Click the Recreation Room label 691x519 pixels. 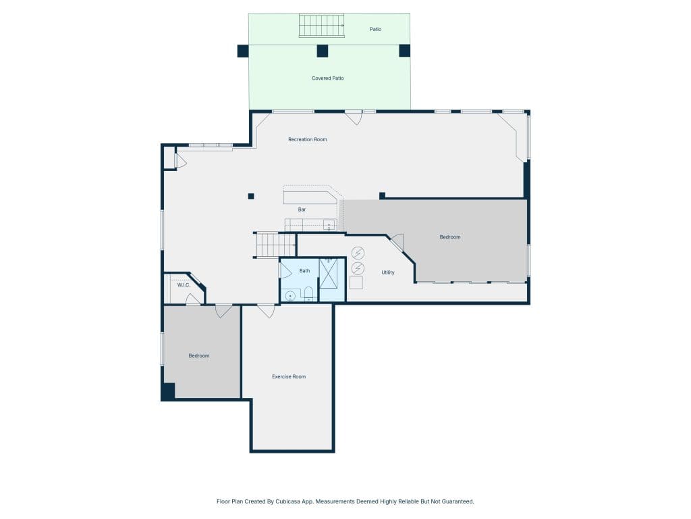click(307, 139)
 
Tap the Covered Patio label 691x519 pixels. click(327, 78)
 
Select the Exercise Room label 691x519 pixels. click(289, 376)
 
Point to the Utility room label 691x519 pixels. click(388, 273)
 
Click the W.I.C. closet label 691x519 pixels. click(184, 285)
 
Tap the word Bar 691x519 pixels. click(302, 209)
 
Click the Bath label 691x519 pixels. click(304, 271)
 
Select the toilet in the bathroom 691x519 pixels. click(308, 293)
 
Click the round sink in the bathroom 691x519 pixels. click(290, 296)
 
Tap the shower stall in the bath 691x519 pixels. click(329, 274)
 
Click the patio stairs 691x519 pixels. click(322, 25)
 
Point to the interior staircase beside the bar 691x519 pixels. click(275, 245)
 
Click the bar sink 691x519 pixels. click(329, 225)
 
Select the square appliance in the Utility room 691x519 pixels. click(356, 282)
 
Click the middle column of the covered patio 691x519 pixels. click(323, 51)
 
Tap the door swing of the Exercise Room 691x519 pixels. click(266, 311)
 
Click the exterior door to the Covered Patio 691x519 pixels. click(354, 117)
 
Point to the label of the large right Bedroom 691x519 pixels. click(450, 237)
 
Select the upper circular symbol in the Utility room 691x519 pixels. click(358, 253)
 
